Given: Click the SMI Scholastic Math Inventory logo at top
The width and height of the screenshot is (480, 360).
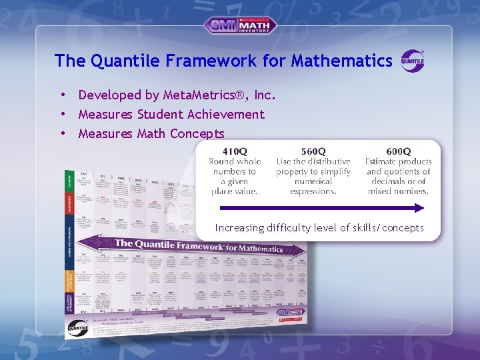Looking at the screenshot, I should [x=240, y=25].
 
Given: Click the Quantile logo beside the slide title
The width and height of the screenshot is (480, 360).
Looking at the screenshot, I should [x=412, y=61].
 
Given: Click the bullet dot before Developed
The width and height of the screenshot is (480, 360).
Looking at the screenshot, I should [x=62, y=95].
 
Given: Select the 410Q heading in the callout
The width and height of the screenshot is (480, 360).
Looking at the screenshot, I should [x=234, y=152].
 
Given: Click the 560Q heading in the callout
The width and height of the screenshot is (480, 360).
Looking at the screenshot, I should [x=313, y=152].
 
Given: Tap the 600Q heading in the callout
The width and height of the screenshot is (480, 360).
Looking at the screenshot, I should [x=398, y=152].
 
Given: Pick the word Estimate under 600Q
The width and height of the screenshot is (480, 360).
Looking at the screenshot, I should [x=382, y=162].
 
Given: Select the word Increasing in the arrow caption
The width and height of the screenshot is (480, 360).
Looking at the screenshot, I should [x=239, y=228].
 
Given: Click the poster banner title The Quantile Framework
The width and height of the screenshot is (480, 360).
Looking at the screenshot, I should [x=170, y=245].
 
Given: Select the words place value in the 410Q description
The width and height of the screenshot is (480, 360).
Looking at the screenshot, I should [x=234, y=191].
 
